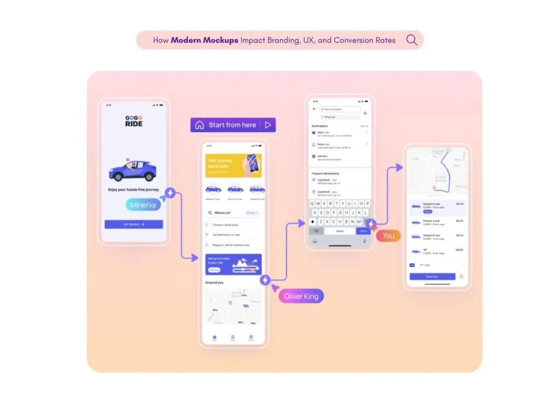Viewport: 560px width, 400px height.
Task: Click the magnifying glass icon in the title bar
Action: click(x=411, y=40)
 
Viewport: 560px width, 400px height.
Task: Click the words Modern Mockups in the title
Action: click(x=205, y=40)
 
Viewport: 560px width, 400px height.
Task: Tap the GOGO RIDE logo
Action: click(x=133, y=121)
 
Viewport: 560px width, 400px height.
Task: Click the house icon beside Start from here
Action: click(x=200, y=125)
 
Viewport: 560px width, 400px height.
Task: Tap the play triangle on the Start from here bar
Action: click(x=268, y=125)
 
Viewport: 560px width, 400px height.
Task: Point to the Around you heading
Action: click(x=214, y=283)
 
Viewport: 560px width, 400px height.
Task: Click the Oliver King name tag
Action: click(x=301, y=297)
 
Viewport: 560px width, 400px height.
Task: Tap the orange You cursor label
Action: click(x=388, y=236)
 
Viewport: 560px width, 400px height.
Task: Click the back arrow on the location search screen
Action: click(x=314, y=109)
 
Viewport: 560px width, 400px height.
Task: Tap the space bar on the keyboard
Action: click(x=340, y=231)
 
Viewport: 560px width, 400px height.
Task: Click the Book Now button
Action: click(x=432, y=276)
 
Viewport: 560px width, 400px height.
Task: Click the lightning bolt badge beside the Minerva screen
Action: click(x=170, y=193)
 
